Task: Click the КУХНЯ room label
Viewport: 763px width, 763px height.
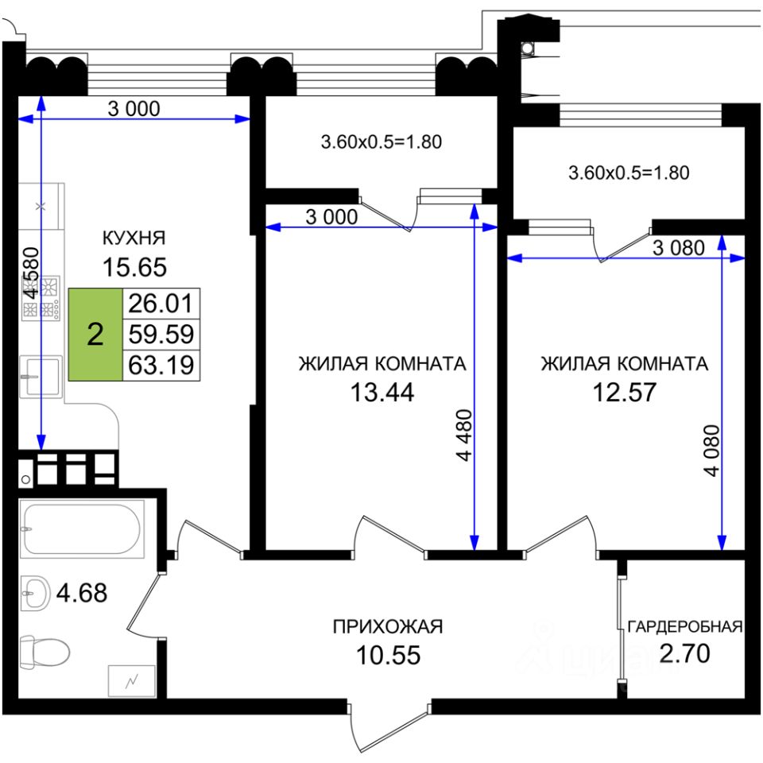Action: coord(134,238)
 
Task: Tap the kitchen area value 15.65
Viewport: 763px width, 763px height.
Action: coord(134,267)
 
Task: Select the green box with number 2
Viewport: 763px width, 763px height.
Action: coord(95,335)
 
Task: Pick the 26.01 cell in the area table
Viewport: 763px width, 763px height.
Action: coord(161,304)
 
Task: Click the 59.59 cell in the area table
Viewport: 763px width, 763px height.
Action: coord(161,335)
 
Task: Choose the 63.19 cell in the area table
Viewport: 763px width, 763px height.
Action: coord(161,365)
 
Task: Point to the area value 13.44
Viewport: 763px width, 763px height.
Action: coord(382,392)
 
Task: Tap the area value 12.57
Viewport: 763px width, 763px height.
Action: coord(625,392)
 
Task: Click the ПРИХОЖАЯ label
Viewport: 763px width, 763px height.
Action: coord(388,627)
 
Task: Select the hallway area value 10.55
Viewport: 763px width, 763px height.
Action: coord(388,655)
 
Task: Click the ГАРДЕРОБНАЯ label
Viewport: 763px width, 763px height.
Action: coord(684,627)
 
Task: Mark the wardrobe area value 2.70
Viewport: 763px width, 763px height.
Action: coord(684,653)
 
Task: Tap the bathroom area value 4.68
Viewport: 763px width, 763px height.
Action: coord(82,593)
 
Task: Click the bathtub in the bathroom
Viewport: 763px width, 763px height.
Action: coord(82,529)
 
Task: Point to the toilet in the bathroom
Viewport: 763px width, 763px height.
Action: coord(45,652)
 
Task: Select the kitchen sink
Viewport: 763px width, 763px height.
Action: coord(41,377)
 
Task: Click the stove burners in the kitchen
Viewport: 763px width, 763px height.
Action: coord(41,299)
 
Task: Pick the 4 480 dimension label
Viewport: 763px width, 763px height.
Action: coord(465,435)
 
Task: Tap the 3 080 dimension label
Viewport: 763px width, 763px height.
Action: coord(678,248)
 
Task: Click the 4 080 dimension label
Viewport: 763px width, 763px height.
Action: coord(711,450)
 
